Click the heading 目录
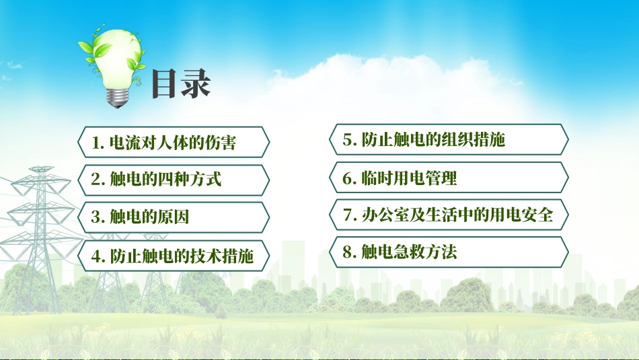pyautogui.click(x=180, y=85)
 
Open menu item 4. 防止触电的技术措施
pyautogui.click(x=174, y=255)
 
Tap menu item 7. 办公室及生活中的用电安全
pyautogui.click(x=448, y=215)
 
